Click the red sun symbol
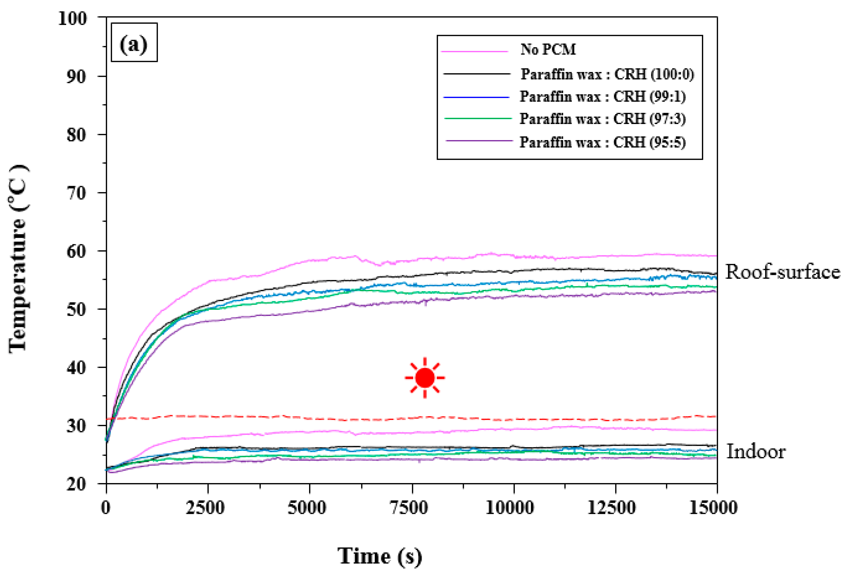[x=425, y=378]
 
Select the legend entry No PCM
[x=548, y=50]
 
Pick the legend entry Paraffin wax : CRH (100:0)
[x=607, y=74]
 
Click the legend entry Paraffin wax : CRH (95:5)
[x=603, y=142]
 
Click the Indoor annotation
[x=756, y=452]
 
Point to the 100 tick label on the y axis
[x=73, y=18]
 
